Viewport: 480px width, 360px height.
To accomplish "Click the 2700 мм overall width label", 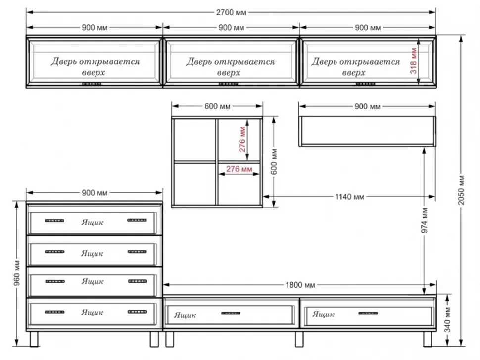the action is tap(231, 12).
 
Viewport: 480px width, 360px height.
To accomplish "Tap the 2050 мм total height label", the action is tap(462, 190).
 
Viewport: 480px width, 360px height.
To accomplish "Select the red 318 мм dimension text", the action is tap(414, 61).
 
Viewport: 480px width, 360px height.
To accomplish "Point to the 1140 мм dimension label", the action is tap(349, 197).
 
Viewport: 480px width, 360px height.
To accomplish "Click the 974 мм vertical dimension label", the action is tap(425, 221).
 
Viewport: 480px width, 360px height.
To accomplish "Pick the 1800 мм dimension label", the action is tap(300, 285).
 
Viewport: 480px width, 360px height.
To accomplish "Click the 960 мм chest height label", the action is tap(17, 273).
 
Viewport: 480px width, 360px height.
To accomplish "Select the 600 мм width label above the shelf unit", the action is tap(217, 106).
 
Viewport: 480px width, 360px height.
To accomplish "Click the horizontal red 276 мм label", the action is tap(239, 169).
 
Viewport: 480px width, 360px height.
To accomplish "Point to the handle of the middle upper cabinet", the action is tap(228, 84).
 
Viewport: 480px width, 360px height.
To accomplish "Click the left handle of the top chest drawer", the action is tap(54, 220).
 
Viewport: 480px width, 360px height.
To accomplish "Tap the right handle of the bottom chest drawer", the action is tap(137, 312).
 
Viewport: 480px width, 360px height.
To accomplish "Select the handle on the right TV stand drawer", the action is tap(368, 313).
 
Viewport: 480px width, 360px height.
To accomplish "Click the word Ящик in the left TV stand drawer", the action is tap(185, 315).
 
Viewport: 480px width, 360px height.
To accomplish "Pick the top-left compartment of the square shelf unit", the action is tap(194, 139).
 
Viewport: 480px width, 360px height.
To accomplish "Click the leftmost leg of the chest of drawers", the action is tap(34, 339).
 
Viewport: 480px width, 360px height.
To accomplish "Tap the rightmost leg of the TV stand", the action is tap(428, 339).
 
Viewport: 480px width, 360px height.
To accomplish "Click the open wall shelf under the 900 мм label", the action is tap(367, 131).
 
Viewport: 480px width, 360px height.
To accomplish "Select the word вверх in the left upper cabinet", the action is tap(94, 73).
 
